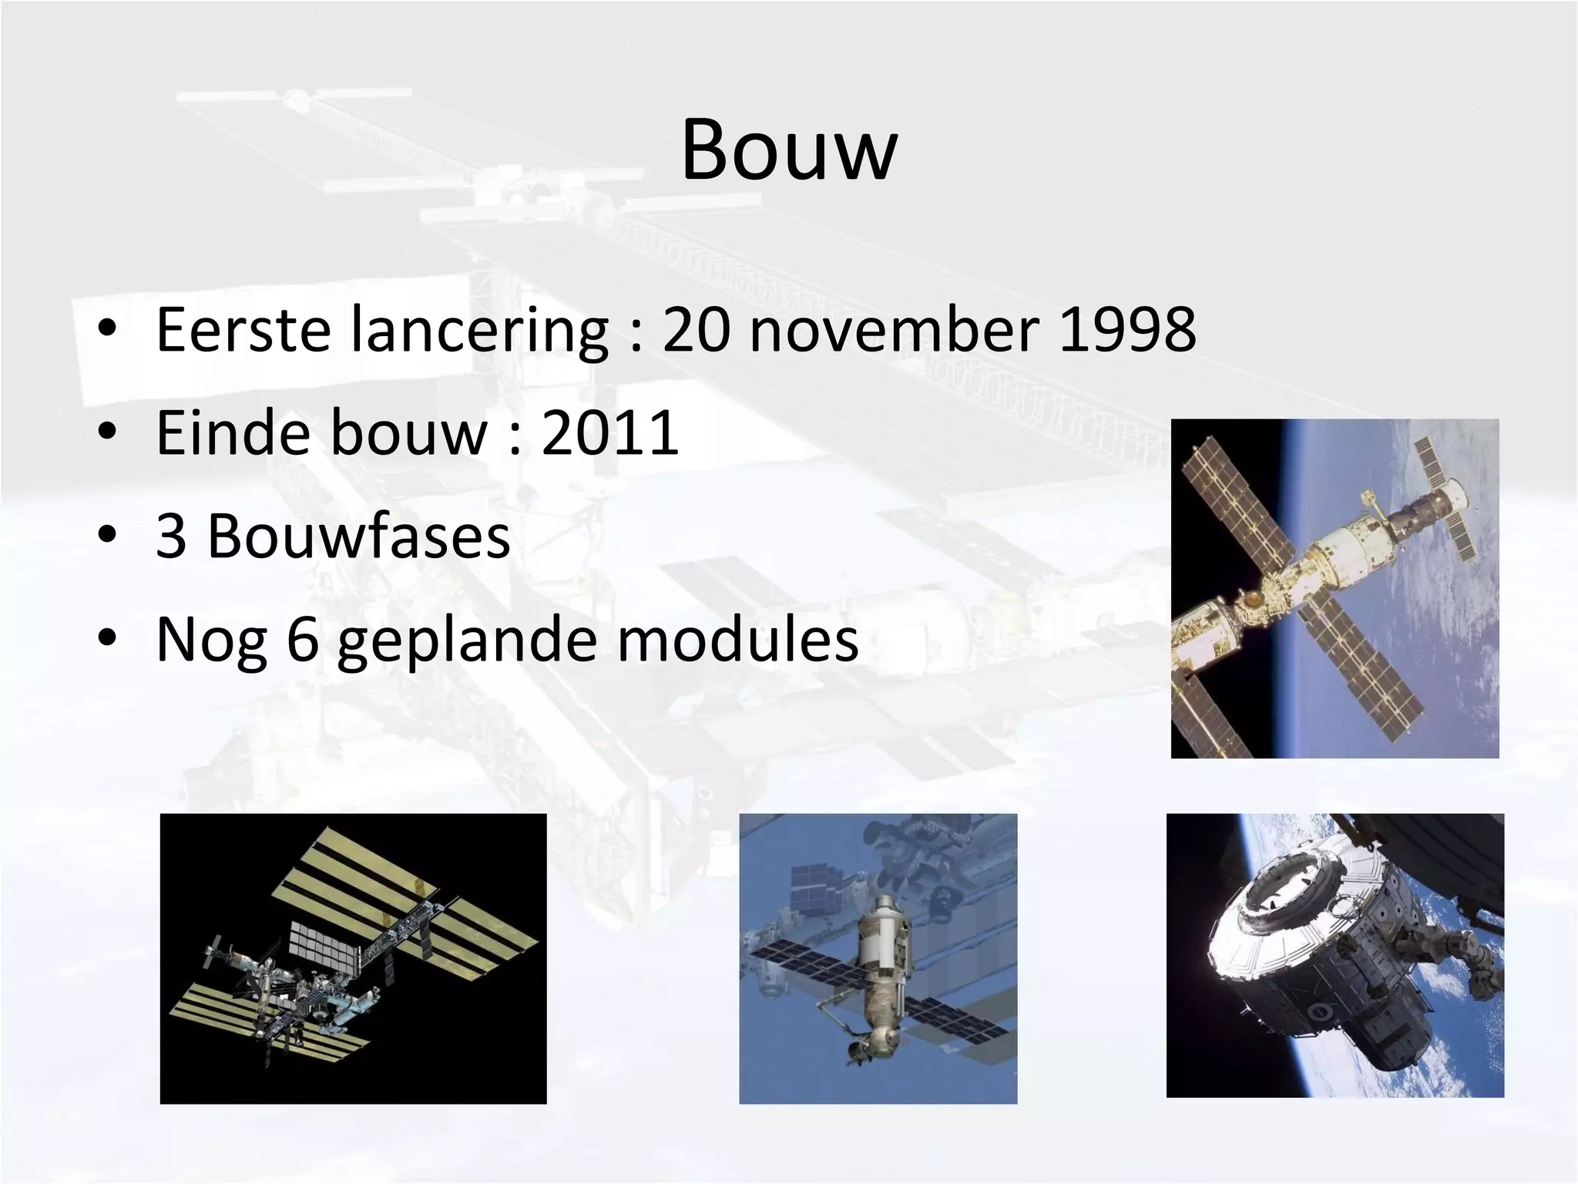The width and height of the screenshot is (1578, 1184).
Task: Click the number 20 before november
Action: point(696,329)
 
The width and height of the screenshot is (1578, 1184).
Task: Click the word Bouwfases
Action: point(359,536)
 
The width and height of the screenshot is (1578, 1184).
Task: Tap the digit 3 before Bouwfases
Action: point(171,536)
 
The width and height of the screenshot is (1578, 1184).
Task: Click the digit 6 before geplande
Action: point(303,640)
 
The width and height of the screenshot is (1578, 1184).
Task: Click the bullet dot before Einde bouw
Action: point(107,432)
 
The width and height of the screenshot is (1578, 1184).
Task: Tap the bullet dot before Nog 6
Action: point(107,638)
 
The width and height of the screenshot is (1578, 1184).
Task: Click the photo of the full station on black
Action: point(353,958)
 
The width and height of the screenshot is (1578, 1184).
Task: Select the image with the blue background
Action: point(878,958)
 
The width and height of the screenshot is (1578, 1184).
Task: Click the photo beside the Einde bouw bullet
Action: point(1335,588)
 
